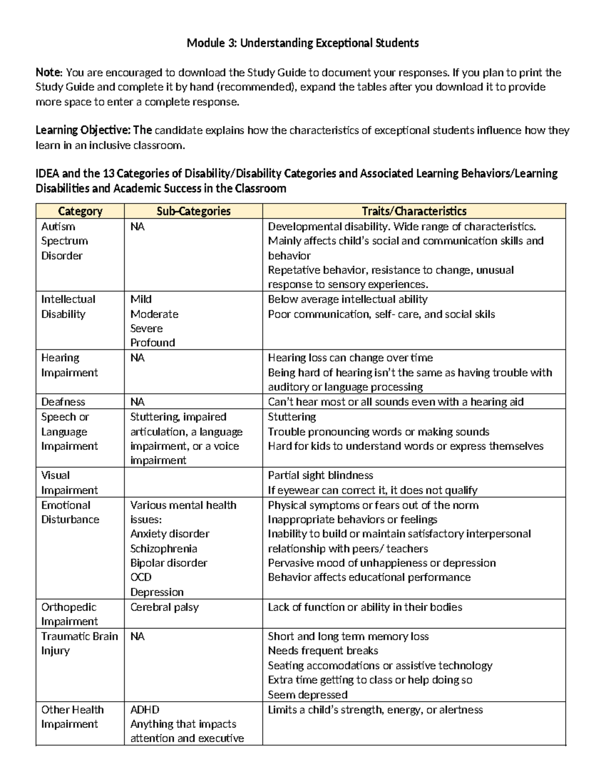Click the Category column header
(x=80, y=211)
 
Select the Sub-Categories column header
(x=193, y=211)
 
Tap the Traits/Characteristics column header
(x=414, y=211)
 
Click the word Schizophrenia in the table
(x=164, y=548)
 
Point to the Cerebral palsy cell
(x=165, y=607)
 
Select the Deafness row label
(x=63, y=402)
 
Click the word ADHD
(x=145, y=709)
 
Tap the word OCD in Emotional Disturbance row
(x=140, y=577)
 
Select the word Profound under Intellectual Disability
(x=153, y=343)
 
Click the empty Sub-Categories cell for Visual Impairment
(x=193, y=482)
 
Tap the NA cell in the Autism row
(x=137, y=227)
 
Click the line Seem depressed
(x=308, y=695)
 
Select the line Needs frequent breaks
(x=323, y=651)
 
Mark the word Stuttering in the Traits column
(x=292, y=417)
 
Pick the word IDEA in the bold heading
(x=47, y=174)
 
